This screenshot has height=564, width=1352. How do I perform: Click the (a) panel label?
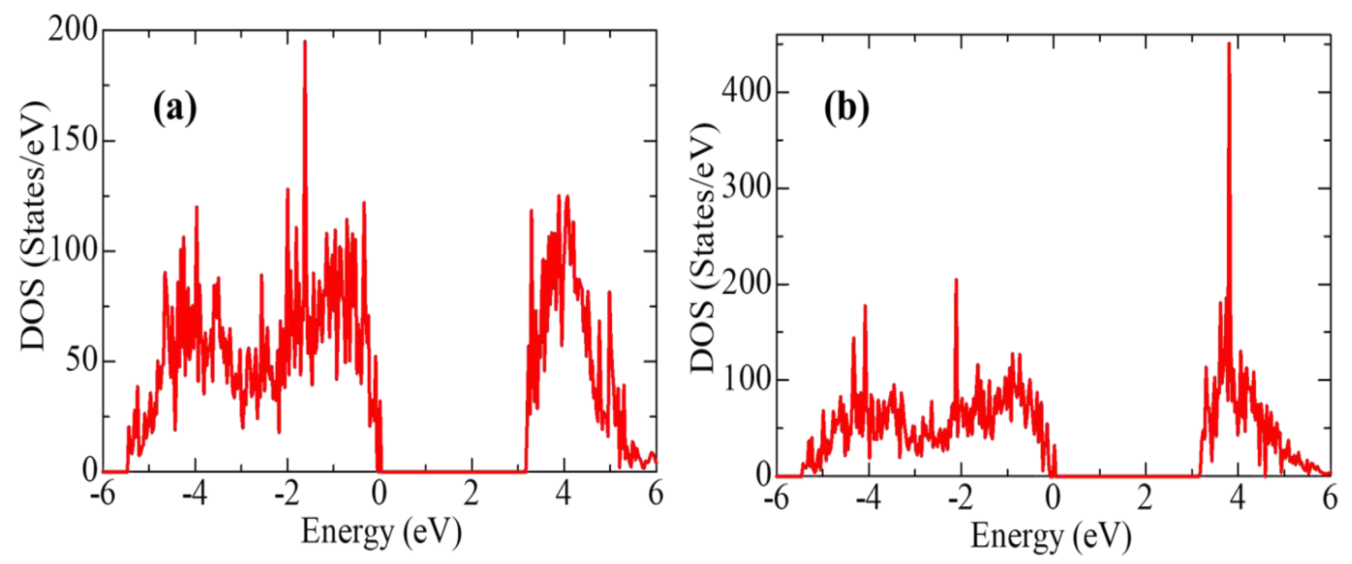175,109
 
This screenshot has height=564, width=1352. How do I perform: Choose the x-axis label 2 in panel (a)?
471,494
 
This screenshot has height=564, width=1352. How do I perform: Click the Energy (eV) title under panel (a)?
381,532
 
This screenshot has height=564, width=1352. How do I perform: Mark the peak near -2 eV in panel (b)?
956,280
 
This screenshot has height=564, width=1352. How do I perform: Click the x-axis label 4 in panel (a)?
564,494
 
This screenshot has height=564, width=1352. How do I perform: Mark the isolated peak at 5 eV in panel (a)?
609,293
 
